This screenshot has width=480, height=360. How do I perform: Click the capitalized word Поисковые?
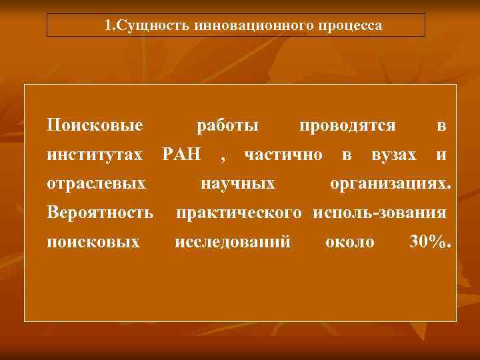(95, 126)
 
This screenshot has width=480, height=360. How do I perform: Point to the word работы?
(228, 126)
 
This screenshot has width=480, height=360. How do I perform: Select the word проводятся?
(347, 126)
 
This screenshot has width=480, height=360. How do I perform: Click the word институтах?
(95, 155)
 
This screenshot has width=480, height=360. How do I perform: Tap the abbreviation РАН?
(182, 155)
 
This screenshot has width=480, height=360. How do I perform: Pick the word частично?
(283, 155)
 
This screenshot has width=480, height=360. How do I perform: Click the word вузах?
(394, 155)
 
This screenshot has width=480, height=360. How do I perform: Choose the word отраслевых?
(97, 183)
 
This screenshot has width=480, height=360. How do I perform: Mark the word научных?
(238, 183)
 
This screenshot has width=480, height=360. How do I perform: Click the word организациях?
(391, 183)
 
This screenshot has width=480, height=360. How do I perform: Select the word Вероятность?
(100, 213)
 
